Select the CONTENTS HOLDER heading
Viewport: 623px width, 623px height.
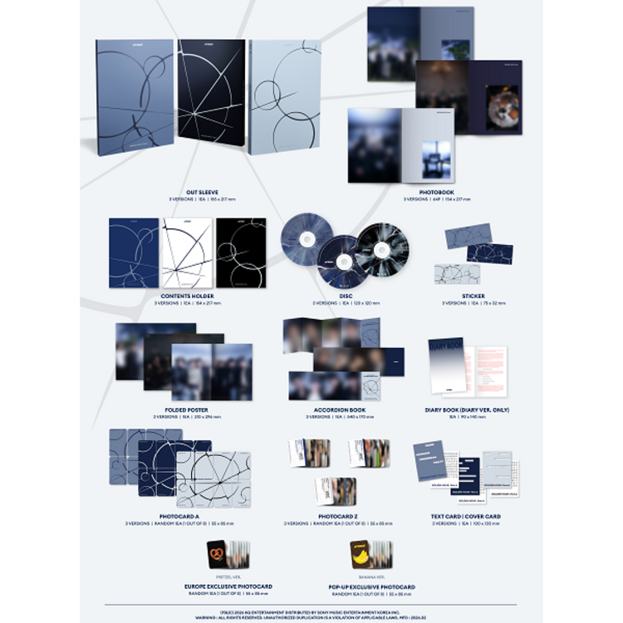pos(187,295)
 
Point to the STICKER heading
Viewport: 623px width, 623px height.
pos(473,295)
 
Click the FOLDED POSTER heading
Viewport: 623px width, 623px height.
pos(184,409)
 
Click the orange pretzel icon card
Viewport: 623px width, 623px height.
pos(219,554)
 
